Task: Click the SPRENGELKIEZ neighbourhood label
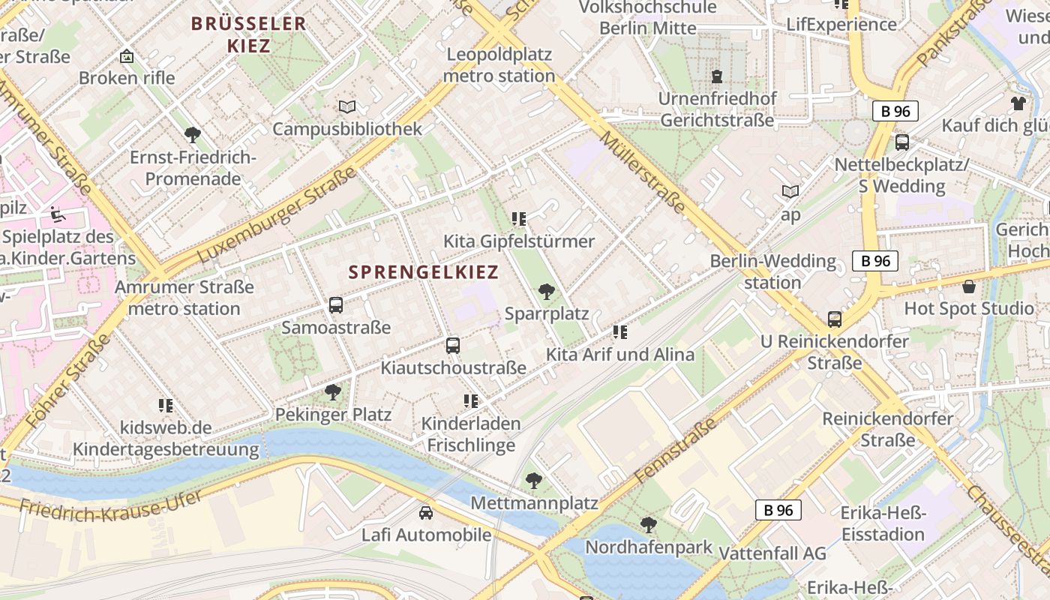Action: tap(424, 272)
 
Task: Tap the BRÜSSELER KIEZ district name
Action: tap(248, 34)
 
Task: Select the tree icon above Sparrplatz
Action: tap(547, 292)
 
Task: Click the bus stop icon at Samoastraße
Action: tap(336, 305)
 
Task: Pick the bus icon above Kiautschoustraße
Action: tap(453, 345)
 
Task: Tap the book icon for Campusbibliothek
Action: tap(346, 107)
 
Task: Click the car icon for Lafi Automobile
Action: tap(426, 513)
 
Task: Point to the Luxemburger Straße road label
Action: tap(277, 216)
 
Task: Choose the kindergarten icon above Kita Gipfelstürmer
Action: tap(519, 219)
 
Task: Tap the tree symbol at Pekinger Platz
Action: tap(332, 391)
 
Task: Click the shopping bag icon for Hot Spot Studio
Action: tap(969, 286)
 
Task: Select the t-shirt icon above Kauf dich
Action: tap(1018, 103)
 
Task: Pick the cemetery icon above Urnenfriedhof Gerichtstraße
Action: tap(717, 76)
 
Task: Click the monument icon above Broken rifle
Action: tap(127, 56)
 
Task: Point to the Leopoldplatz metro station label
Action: tap(499, 65)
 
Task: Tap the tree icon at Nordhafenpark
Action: tap(648, 525)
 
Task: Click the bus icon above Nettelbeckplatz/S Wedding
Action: tap(901, 142)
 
